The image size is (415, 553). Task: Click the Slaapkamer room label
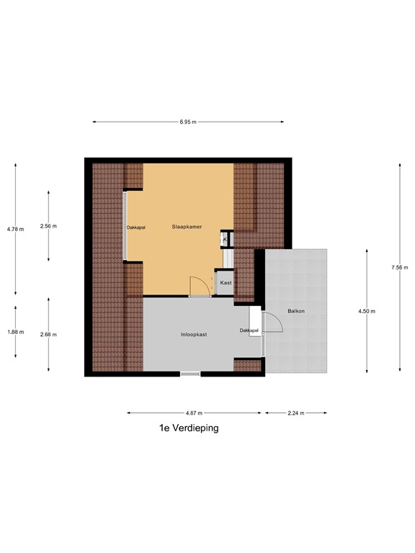(x=187, y=227)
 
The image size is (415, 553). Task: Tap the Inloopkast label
(x=194, y=335)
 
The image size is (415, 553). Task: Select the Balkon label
(x=295, y=311)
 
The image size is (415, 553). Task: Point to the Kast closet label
(x=226, y=283)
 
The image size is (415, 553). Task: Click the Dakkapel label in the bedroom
(x=135, y=228)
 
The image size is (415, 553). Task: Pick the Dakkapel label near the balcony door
(x=249, y=331)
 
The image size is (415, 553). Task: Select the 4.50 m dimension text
(x=367, y=311)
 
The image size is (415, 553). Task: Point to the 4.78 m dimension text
(x=15, y=229)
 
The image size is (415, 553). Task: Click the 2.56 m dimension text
(x=48, y=226)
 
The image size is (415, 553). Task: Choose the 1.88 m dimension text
(x=15, y=332)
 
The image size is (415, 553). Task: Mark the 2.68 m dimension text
(x=48, y=334)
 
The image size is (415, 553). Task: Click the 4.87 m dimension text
(x=193, y=413)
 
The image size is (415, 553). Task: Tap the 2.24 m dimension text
(x=296, y=413)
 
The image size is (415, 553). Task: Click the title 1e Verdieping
(x=189, y=428)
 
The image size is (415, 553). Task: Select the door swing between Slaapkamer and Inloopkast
(x=199, y=286)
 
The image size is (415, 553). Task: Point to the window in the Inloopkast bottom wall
(x=190, y=373)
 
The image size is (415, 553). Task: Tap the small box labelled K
(x=226, y=240)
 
